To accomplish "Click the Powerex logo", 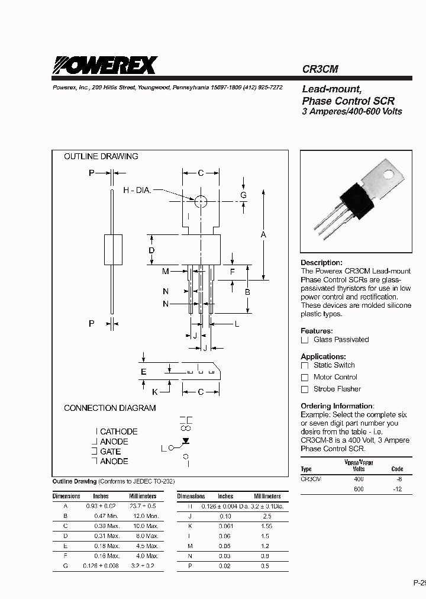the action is (x=105, y=65).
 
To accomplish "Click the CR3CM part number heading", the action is (x=320, y=69).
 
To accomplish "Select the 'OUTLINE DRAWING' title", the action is (x=101, y=156).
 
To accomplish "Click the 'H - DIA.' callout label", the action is (x=137, y=190).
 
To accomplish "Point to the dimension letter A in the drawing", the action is (x=263, y=235).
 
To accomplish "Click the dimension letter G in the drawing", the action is (x=243, y=195).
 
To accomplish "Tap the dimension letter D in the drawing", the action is (x=151, y=251).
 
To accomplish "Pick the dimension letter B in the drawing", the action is (x=247, y=292).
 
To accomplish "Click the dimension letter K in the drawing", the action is (x=155, y=391).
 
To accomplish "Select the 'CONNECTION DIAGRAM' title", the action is (x=109, y=408).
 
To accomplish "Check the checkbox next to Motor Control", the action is (x=305, y=378).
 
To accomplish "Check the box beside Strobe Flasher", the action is (x=305, y=389).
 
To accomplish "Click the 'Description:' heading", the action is (x=321, y=262).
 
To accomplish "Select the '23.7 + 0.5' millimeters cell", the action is (x=143, y=506).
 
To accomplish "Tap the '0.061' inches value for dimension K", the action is (x=225, y=526).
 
